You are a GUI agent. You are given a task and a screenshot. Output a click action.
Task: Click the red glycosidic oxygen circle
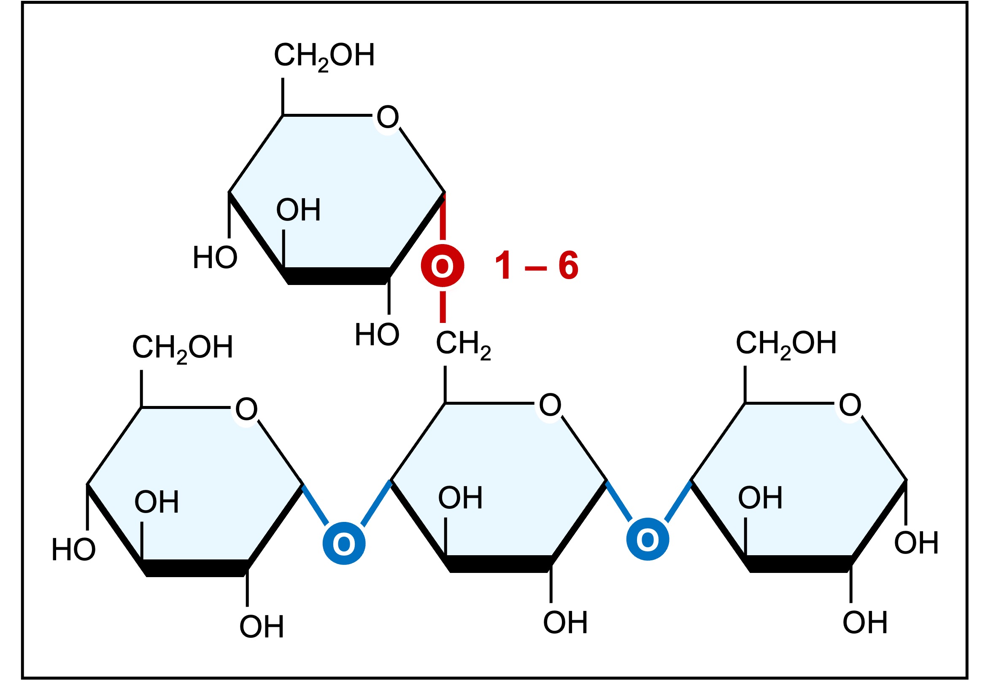click(x=442, y=266)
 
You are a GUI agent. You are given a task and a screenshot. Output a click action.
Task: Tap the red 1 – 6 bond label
click(x=536, y=266)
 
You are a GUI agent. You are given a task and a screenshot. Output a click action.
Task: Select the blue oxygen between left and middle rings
click(x=343, y=544)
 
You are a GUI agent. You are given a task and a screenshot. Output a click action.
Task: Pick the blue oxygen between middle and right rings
click(x=648, y=539)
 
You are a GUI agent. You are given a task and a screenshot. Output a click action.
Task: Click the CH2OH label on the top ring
click(x=324, y=56)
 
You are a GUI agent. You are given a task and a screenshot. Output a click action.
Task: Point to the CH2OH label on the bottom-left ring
click(x=182, y=348)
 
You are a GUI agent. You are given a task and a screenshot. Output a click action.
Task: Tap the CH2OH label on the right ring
click(x=786, y=344)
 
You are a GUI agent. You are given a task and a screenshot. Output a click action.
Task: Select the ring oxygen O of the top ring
click(x=387, y=117)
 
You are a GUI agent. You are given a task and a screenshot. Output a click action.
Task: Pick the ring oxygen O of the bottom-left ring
click(x=246, y=409)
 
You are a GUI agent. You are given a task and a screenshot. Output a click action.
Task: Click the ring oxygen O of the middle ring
click(x=550, y=405)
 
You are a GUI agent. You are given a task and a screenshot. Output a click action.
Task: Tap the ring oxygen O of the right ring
click(x=850, y=405)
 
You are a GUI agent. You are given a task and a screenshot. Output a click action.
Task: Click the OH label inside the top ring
click(x=298, y=210)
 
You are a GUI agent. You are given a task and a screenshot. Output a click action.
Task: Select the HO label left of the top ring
click(x=215, y=258)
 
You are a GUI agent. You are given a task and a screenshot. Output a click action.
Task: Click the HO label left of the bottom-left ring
click(x=73, y=550)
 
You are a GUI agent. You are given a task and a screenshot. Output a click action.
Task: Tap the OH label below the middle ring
click(x=565, y=623)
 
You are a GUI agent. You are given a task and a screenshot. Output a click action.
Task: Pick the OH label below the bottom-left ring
click(x=261, y=627)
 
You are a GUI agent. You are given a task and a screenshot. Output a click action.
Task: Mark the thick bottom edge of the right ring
click(x=799, y=564)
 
